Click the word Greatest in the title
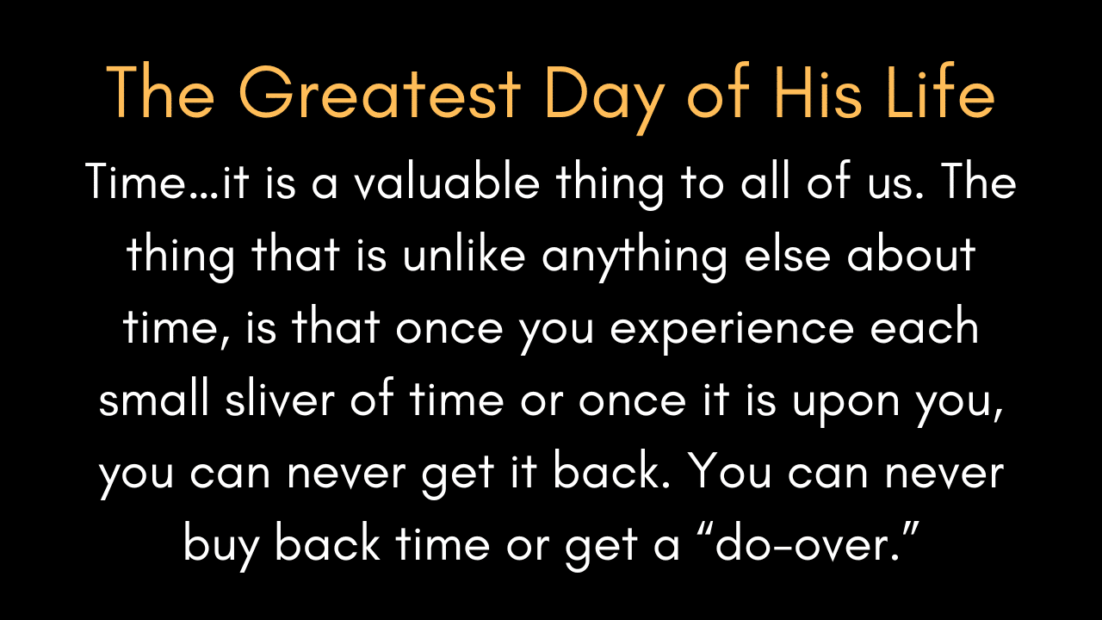380,92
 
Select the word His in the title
818,91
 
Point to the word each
925,325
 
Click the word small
154,399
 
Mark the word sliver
280,399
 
